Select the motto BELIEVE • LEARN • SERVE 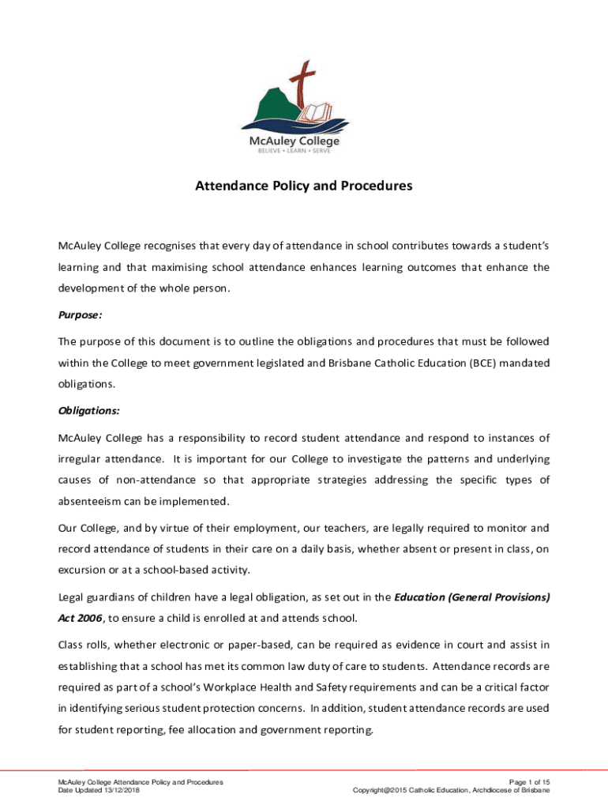click(304, 150)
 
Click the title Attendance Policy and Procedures click(304, 187)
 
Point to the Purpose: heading click(80, 314)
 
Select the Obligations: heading click(88, 411)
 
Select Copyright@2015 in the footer click(385, 790)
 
